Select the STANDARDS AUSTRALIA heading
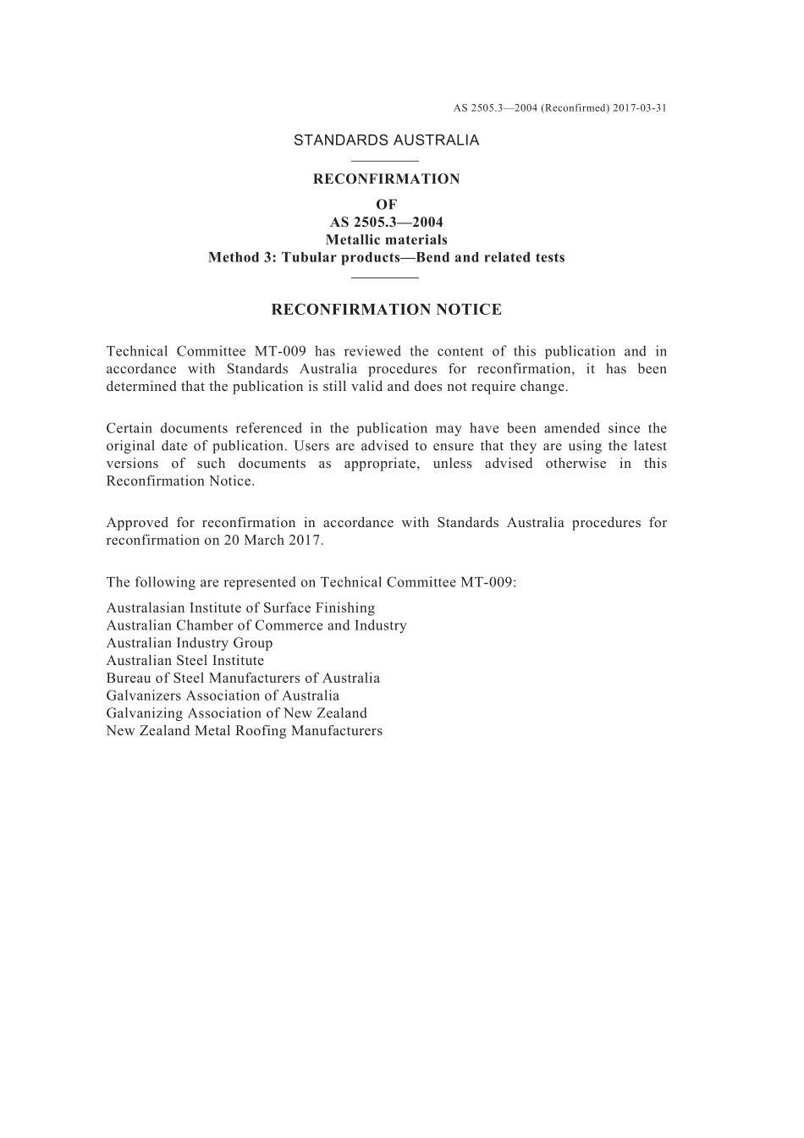[x=386, y=140]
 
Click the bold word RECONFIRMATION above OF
[x=386, y=179]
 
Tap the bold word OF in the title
[x=386, y=205]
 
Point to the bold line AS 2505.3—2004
[x=386, y=223]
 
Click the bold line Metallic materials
[x=386, y=240]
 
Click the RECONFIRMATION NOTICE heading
[x=386, y=310]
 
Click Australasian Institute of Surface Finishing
[x=240, y=608]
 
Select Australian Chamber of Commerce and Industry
[x=256, y=626]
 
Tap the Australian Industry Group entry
[x=190, y=643]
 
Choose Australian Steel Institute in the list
[x=185, y=661]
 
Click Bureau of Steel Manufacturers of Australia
[x=243, y=679]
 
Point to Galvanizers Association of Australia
[x=223, y=696]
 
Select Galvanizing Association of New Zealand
[x=237, y=713]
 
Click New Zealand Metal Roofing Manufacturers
[x=245, y=731]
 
